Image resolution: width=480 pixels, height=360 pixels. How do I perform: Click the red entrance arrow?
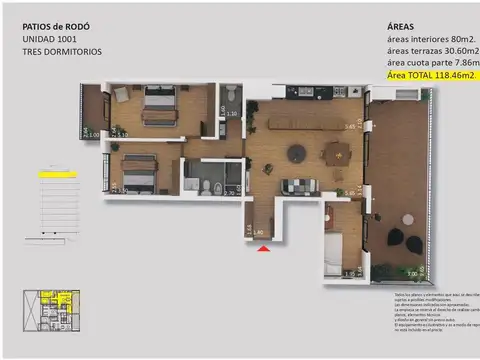click(263, 249)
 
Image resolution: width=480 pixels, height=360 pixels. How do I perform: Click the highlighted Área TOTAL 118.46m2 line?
click(428, 74)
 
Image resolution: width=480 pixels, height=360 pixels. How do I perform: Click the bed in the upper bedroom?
click(159, 106)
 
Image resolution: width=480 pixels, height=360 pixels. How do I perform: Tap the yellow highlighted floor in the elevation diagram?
click(56, 174)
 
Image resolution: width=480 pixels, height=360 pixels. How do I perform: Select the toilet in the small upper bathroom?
click(231, 96)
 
